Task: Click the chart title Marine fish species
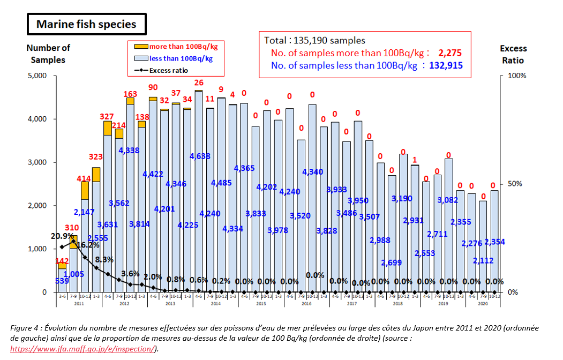pos(86,24)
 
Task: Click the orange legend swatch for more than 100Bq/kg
pos(140,47)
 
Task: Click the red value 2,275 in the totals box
pos(449,53)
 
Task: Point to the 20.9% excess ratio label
pos(62,236)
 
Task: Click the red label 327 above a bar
pos(107,116)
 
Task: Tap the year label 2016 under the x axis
pos(306,303)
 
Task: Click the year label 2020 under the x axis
pos(483,303)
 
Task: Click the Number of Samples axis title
pos(48,54)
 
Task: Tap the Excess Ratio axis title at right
pos(513,54)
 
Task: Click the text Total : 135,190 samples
pos(314,40)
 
